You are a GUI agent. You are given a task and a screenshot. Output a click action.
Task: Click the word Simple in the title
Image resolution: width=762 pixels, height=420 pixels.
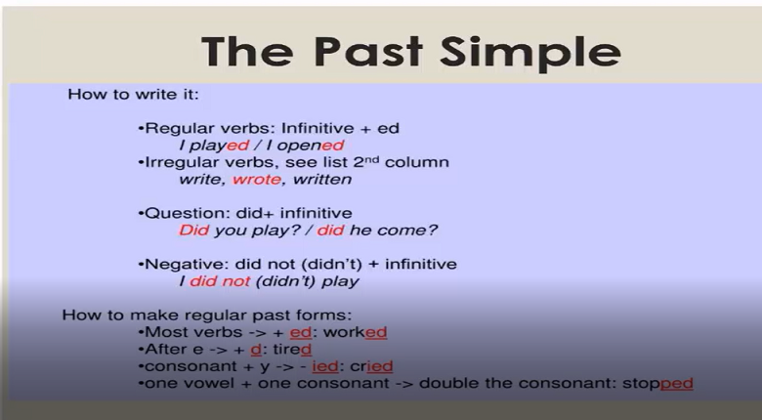coord(530,53)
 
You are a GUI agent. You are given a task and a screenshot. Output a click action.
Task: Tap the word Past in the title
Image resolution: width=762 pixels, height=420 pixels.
coord(368,51)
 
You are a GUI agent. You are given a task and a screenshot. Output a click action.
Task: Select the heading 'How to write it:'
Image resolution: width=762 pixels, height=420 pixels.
coord(133,94)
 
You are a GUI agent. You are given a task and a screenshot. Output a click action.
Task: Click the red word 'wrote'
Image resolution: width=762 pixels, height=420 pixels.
coord(257,180)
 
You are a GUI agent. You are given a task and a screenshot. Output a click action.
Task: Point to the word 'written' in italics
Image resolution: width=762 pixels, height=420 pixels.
coord(322,180)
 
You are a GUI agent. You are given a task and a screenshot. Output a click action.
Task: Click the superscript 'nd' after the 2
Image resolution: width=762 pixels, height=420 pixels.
coord(372,159)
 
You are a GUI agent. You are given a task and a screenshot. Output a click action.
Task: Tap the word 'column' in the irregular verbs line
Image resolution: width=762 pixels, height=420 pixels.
coord(417,162)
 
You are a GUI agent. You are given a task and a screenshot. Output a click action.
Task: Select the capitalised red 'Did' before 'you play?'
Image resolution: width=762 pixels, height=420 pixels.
coord(193,230)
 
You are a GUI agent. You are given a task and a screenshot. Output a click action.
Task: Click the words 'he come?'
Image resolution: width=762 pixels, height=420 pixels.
coord(393,230)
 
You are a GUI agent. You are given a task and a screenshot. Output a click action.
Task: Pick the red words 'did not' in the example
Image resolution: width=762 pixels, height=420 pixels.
coord(220,281)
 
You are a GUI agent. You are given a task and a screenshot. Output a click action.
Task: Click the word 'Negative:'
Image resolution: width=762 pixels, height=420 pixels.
coord(188,264)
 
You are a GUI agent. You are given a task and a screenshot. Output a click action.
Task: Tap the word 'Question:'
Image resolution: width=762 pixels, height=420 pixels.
coord(189,213)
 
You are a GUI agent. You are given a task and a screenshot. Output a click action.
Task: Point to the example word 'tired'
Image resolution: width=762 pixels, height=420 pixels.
coord(291,350)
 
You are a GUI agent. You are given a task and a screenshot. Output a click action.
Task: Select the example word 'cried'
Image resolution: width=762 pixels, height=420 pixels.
coord(371,366)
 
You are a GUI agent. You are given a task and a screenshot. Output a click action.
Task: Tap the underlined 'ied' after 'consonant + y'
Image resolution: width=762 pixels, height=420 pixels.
coord(325,366)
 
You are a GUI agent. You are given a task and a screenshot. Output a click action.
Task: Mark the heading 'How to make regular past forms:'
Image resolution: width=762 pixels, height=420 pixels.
coord(206,315)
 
